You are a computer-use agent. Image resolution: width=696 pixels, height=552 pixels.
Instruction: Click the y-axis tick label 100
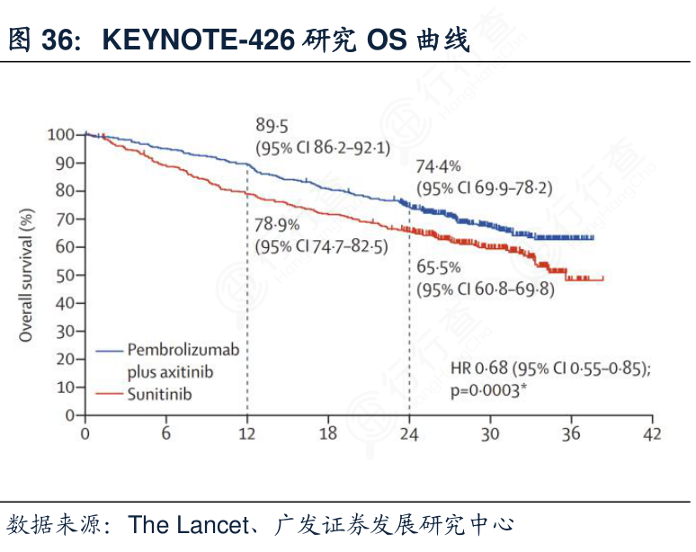tap(61, 135)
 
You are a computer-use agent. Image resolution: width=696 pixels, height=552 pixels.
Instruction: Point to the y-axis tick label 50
tap(65, 275)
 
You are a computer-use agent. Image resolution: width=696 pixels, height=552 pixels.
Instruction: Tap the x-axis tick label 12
tap(247, 434)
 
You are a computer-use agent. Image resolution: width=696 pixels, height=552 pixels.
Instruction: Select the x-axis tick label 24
tap(409, 434)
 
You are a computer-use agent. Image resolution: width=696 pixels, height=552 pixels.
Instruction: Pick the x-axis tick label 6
tap(166, 434)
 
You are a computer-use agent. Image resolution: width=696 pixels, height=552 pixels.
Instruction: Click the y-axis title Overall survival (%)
tap(27, 275)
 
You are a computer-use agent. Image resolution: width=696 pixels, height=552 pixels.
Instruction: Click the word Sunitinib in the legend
tap(159, 394)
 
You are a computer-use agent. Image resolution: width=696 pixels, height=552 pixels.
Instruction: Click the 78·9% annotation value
tap(277, 225)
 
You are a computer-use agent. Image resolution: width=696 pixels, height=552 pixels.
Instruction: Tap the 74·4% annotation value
tap(438, 166)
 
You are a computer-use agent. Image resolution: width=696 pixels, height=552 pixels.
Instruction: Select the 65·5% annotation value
tap(438, 267)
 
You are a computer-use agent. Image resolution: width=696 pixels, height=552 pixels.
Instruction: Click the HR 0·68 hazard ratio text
tap(480, 369)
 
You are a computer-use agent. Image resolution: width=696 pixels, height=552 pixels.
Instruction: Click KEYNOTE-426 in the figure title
tap(199, 40)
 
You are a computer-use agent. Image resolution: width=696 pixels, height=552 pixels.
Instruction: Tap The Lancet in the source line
tap(187, 524)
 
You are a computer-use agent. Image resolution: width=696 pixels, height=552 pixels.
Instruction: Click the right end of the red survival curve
tap(602, 280)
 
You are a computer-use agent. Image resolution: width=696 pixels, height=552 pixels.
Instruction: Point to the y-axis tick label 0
tap(72, 416)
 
